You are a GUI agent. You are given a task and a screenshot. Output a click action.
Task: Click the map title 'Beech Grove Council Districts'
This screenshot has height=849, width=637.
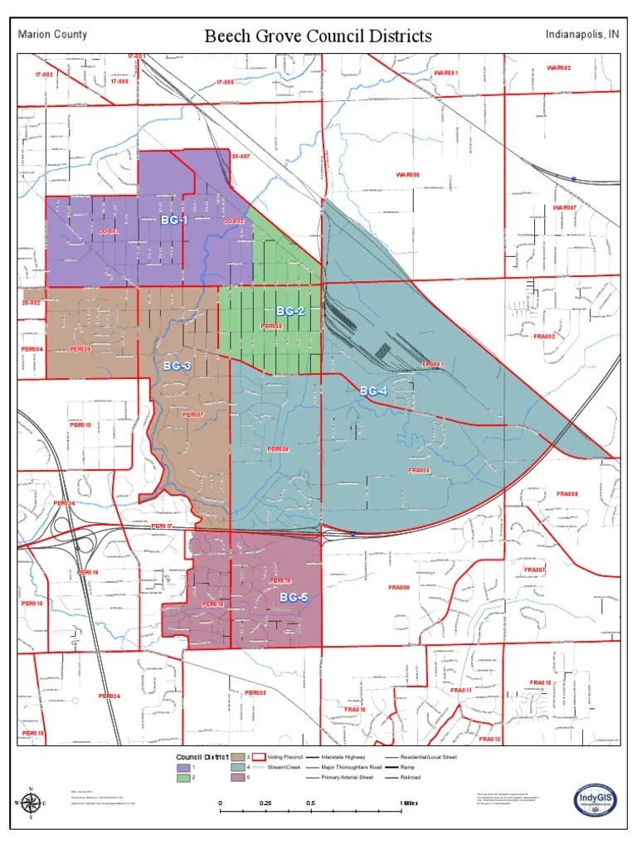point(318,36)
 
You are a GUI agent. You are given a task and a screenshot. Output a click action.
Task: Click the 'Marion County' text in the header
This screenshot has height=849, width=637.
point(52,35)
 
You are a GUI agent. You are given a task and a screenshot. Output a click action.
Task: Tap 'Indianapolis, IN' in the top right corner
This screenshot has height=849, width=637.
point(581,35)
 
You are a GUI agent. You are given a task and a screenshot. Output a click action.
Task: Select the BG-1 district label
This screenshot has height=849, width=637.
point(174,220)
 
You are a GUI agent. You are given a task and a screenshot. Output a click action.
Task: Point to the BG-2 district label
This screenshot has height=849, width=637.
point(290,311)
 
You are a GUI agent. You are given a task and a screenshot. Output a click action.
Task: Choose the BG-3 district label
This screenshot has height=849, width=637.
point(177,366)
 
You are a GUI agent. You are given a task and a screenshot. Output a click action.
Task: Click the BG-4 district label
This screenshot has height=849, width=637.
point(373,391)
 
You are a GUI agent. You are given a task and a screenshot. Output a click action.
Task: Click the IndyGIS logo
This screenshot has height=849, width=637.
point(596,801)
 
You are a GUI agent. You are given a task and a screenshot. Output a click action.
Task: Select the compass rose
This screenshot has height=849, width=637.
point(32,803)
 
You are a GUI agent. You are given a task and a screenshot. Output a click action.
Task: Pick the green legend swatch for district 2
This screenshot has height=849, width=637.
point(182,778)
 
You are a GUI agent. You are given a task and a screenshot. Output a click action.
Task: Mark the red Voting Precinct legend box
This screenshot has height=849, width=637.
point(258,757)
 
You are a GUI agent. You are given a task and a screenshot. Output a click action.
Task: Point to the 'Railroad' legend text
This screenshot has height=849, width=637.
point(410,778)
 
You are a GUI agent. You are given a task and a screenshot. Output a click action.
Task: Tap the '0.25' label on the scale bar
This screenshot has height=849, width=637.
point(265,803)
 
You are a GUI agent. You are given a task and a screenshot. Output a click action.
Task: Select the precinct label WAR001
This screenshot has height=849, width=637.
point(445,73)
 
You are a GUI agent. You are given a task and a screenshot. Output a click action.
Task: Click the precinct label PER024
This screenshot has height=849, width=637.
point(109,696)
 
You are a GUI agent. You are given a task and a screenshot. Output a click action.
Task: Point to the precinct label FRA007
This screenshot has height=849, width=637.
point(535,570)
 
